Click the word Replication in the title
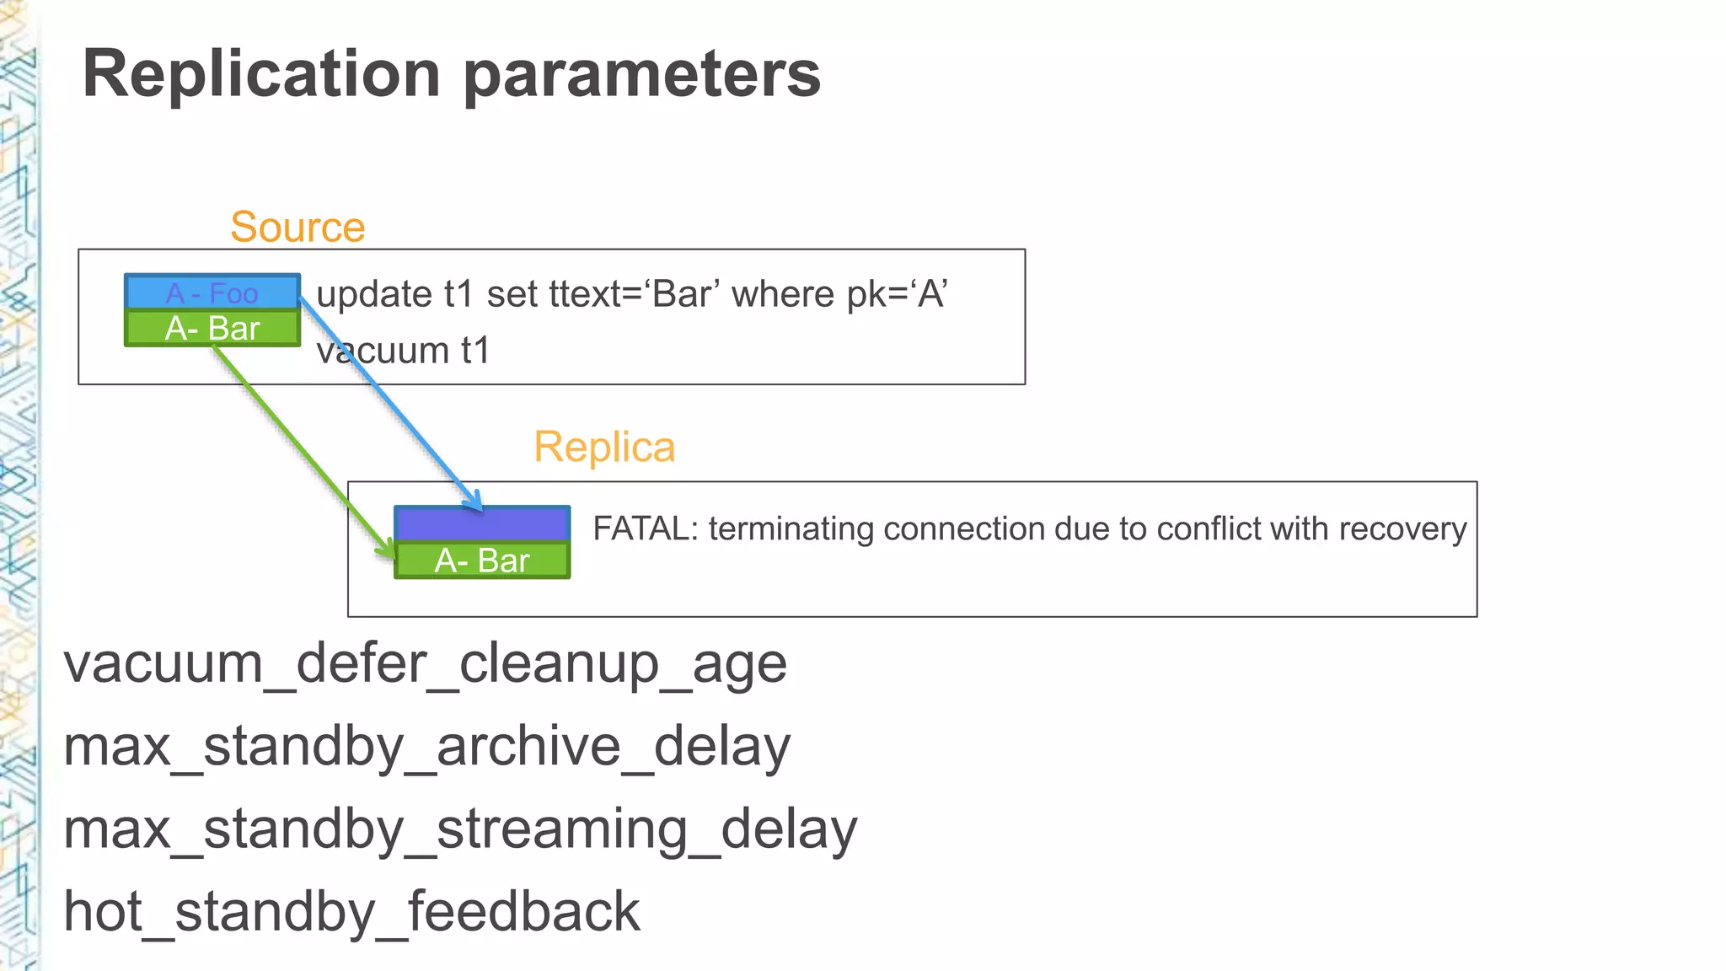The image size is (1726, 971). (x=261, y=74)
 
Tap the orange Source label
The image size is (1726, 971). (x=297, y=227)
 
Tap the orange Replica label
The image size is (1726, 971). (x=604, y=447)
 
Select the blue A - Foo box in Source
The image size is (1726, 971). (x=212, y=292)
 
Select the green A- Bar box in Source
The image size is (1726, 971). (x=212, y=329)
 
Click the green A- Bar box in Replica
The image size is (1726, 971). (x=482, y=561)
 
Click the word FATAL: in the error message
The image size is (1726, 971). (x=646, y=529)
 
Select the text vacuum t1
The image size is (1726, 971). (x=403, y=351)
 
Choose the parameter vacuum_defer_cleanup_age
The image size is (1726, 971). (x=425, y=664)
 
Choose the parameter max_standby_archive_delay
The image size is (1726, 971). (x=426, y=747)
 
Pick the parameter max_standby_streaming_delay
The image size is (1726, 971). (x=460, y=829)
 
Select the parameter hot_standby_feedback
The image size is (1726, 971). (x=351, y=912)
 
